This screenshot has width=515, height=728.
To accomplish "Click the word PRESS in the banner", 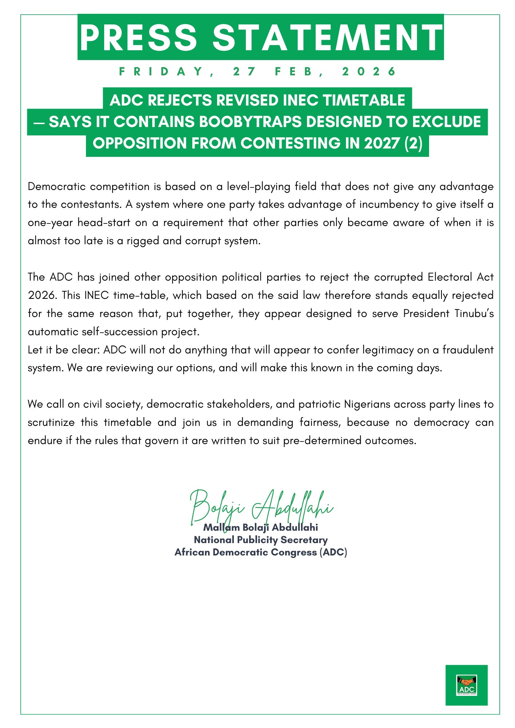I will click(x=138, y=37).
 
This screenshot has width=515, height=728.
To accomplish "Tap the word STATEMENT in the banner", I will click(x=327, y=37).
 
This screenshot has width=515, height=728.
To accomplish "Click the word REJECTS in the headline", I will click(x=180, y=100).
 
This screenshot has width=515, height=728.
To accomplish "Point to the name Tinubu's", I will click(x=474, y=313).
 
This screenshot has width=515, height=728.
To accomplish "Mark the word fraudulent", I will click(x=468, y=350).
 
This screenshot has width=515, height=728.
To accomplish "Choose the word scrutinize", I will click(x=52, y=423).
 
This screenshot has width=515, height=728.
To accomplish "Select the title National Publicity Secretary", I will click(x=260, y=540).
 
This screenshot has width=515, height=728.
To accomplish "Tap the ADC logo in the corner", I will click(x=466, y=685).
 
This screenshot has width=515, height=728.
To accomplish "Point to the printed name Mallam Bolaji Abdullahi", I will click(x=260, y=527).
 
